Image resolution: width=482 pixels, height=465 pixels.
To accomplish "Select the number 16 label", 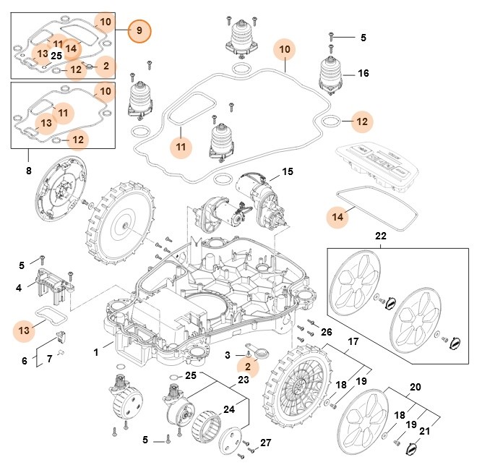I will point(363,74).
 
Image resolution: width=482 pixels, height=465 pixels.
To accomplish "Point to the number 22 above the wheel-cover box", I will point(381,236).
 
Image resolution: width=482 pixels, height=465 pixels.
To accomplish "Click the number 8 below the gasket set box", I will point(28,171).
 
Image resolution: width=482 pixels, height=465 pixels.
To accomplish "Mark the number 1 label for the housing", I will point(95,352).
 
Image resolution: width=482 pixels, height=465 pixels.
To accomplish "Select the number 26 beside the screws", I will point(326,332).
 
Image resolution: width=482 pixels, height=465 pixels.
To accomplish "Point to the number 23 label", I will point(243,380).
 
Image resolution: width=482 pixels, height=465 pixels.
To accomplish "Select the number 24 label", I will point(228,409).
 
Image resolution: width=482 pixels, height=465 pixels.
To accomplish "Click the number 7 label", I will point(50,359).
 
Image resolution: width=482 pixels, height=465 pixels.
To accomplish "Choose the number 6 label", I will point(25,359).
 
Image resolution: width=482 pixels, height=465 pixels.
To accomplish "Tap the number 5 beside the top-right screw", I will point(363,36).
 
